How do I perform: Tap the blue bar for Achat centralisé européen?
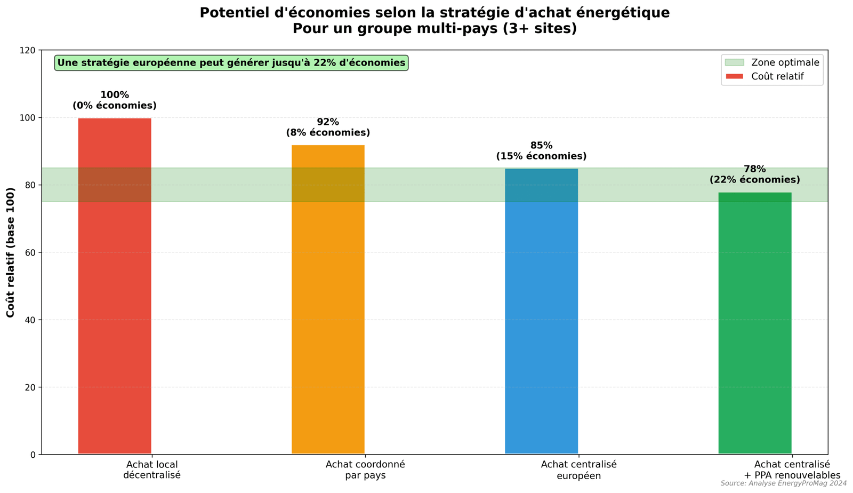pyautogui.click(x=541, y=320)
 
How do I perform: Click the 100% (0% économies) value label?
pyautogui.click(x=115, y=100)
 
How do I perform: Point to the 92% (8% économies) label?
pyautogui.click(x=328, y=127)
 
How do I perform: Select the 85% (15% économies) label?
pyautogui.click(x=541, y=151)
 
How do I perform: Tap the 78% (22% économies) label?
pyautogui.click(x=754, y=174)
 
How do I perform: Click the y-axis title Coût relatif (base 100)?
pyautogui.click(x=11, y=252)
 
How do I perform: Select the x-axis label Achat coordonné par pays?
pyautogui.click(x=365, y=470)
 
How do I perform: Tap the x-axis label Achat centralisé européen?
pyautogui.click(x=578, y=470)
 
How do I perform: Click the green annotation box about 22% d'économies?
pyautogui.click(x=231, y=63)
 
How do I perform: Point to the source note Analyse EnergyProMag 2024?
pyautogui.click(x=783, y=483)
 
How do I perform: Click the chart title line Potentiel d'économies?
pyautogui.click(x=434, y=13)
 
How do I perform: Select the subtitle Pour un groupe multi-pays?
pyautogui.click(x=434, y=29)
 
